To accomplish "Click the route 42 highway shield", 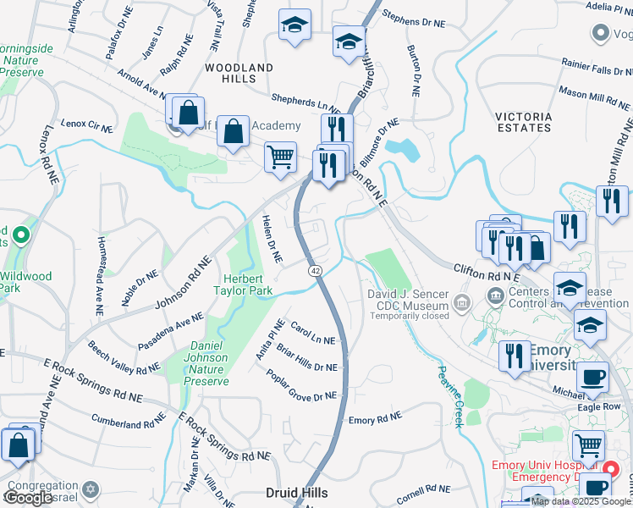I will coord(315,269).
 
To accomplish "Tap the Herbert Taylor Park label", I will coord(247,284).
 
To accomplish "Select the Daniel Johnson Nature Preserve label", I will coord(206,363).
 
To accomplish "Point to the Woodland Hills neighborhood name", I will coord(239,73).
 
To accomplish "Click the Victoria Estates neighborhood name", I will coord(524,122).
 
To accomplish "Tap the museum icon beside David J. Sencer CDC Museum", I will coord(461,302).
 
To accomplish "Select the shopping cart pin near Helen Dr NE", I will coord(280,157).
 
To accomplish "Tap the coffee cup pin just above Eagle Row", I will coord(593,377).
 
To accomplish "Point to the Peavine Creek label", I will coord(449,395).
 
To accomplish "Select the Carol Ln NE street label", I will coord(313,334).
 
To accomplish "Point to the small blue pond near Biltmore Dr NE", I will coord(402,149).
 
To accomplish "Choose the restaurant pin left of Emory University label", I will coord(514,356).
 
